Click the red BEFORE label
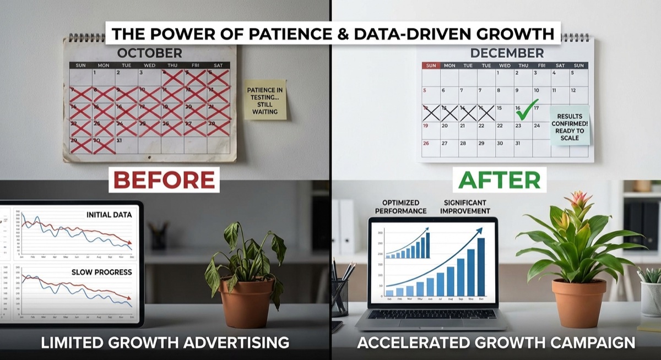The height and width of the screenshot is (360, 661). pos(164,179)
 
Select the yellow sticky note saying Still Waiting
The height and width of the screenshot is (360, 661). pos(265,100)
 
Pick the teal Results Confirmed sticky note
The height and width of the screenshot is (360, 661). pos(569,125)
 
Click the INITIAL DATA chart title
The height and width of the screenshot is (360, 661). pos(109,215)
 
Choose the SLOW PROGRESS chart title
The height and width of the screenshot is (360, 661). pos(101,272)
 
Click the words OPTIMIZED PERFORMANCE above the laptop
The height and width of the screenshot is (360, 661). pos(400,206)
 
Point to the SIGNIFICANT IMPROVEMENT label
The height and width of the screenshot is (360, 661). pos(465,206)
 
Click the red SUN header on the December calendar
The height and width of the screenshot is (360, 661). pos(431,66)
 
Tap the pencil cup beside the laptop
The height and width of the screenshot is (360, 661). pos(339,297)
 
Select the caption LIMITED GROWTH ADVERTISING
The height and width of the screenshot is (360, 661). pos(165,343)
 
